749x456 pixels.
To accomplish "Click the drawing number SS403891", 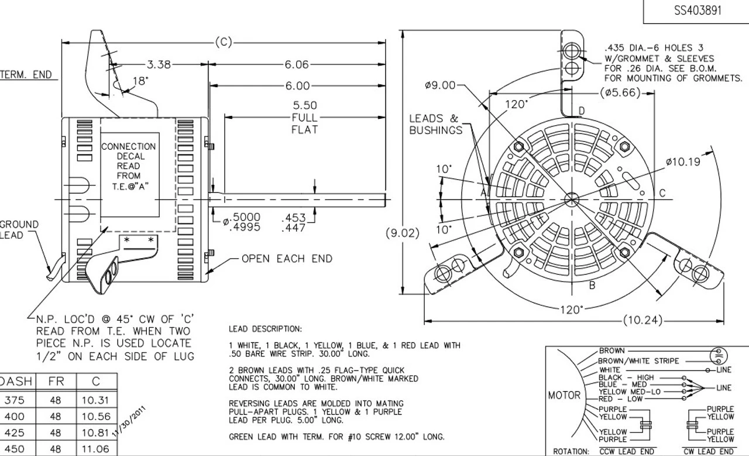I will [x=697, y=11].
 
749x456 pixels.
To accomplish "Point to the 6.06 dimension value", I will [x=297, y=65].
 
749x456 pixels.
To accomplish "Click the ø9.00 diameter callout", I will [x=440, y=85].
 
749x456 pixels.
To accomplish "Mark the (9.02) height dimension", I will [x=403, y=233].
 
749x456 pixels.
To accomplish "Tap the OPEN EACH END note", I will [x=287, y=259].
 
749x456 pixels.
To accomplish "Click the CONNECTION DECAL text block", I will [x=129, y=166].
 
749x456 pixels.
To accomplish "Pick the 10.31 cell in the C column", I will [x=96, y=400].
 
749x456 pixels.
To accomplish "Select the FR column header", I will [x=56, y=381].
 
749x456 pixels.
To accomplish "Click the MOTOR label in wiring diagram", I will [x=564, y=395].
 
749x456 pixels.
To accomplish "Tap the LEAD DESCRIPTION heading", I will [x=265, y=329].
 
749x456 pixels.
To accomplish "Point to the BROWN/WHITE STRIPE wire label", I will [x=638, y=361].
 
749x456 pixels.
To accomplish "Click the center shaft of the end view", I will [x=571, y=200].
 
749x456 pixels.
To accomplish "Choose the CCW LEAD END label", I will [x=627, y=451].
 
